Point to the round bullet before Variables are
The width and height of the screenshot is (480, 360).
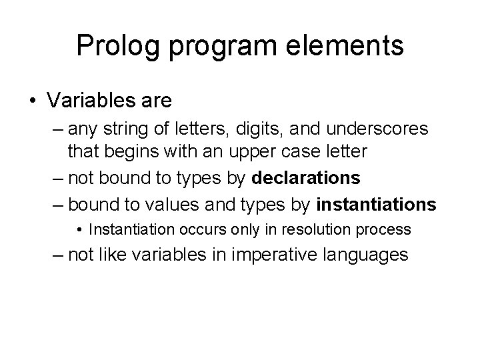click(35, 101)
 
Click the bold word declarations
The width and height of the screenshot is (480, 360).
click(307, 178)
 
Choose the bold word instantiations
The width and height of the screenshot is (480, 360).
click(377, 204)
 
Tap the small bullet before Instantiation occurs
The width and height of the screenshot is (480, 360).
click(79, 230)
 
